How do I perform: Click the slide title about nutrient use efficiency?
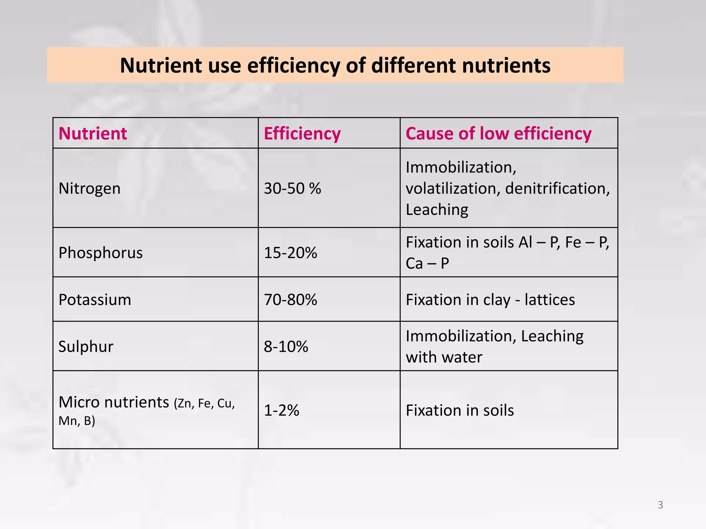pyautogui.click(x=335, y=65)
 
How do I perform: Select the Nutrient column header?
pyautogui.click(x=93, y=133)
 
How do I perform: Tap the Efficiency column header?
pyautogui.click(x=302, y=133)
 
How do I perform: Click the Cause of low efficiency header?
pyautogui.click(x=498, y=133)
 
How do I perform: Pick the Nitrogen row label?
pyautogui.click(x=90, y=188)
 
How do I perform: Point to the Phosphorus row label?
pyautogui.click(x=100, y=253)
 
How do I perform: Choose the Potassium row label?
pyautogui.click(x=95, y=300)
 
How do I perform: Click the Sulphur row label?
pyautogui.click(x=86, y=346)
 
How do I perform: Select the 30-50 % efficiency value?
pyautogui.click(x=292, y=188)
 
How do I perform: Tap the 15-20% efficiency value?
pyautogui.click(x=290, y=253)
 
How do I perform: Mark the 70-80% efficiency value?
pyautogui.click(x=290, y=300)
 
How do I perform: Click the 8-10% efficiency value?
pyautogui.click(x=286, y=346)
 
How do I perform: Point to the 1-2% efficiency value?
pyautogui.click(x=281, y=411)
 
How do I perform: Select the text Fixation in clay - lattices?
pyautogui.click(x=490, y=300)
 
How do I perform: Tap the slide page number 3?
pyautogui.click(x=660, y=505)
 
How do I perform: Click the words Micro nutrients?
pyautogui.click(x=114, y=402)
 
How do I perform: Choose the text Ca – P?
pyautogui.click(x=427, y=263)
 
